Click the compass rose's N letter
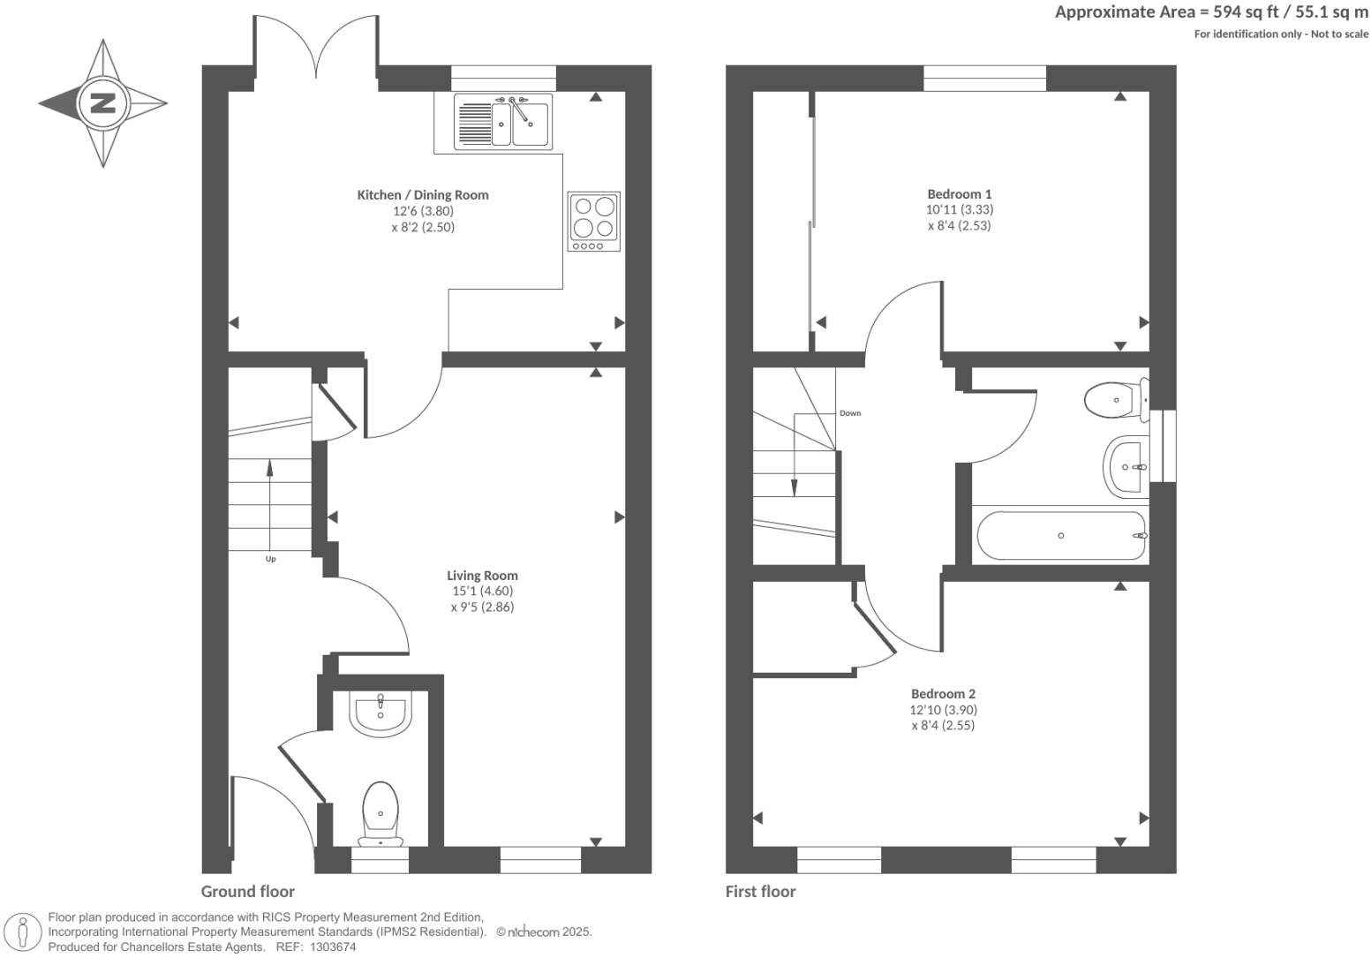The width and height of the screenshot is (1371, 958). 103,103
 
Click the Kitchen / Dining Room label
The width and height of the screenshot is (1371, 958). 422,195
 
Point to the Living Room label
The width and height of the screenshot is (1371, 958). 482,576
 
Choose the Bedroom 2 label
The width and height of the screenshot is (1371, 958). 943,694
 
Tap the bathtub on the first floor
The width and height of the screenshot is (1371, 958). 1060,535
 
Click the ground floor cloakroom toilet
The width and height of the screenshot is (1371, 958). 380,811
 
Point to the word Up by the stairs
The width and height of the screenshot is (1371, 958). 270,559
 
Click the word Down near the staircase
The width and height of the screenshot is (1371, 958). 849,413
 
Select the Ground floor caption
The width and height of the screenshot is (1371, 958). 248,891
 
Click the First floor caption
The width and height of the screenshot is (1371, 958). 760,891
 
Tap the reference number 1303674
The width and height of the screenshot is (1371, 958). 329,947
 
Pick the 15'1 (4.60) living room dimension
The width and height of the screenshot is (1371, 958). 482,592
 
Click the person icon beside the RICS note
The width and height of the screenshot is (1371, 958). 24,932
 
